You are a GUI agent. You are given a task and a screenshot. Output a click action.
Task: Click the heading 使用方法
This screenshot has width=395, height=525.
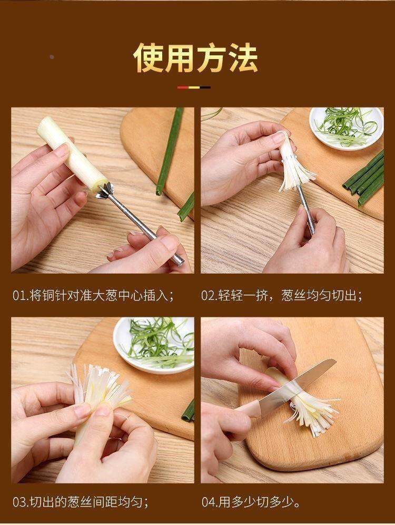pos(196,57)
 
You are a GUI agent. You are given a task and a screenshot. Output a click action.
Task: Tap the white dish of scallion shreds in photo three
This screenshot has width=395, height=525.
pos(153,345)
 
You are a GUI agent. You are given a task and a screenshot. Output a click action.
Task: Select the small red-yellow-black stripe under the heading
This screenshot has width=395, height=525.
pos(194,87)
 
